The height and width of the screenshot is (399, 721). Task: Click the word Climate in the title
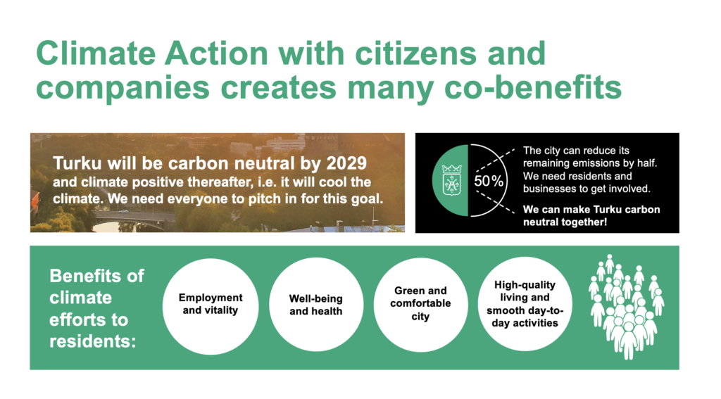point(96,53)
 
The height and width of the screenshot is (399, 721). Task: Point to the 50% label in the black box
point(489,181)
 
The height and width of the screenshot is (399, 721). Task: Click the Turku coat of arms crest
point(451,180)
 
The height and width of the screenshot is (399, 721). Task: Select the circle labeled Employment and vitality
point(211,306)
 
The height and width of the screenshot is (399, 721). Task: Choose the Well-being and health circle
point(316,305)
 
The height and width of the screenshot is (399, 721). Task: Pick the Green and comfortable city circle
point(421,304)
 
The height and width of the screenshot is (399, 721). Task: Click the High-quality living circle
point(525,304)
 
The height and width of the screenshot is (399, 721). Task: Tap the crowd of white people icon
point(626,307)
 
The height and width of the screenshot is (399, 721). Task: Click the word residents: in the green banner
point(92,341)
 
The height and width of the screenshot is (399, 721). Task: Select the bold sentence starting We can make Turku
point(591,216)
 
